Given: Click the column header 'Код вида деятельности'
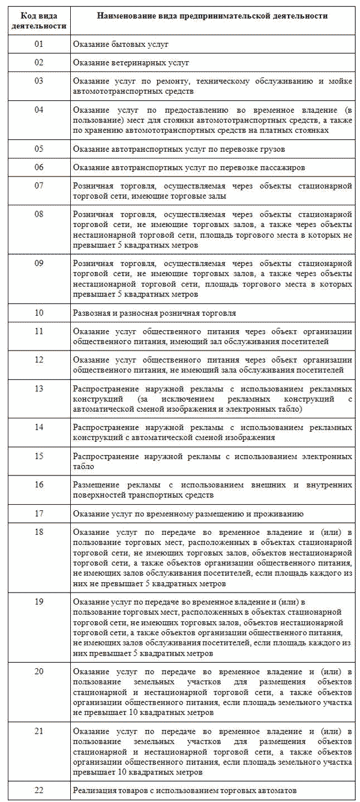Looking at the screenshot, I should point(39,20).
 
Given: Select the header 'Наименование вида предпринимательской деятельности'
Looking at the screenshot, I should point(212,16).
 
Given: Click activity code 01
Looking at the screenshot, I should point(39,44).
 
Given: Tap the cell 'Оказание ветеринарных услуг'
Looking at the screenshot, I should point(131,62).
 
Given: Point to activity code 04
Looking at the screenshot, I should point(39,110).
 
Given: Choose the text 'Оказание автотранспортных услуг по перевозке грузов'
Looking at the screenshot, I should point(179,148).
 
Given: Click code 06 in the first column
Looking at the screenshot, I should point(39,166).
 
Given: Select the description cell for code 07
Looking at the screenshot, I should point(212,191).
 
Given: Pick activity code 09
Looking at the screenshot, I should point(39,263).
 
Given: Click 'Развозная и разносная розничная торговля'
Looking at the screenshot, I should point(154,313).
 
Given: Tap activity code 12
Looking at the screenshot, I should point(39,359).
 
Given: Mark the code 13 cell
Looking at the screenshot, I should point(39,388).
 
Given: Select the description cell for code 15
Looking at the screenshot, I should point(212,462).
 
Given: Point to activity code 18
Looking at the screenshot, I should point(39,532).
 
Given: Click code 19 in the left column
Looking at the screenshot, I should point(39,601).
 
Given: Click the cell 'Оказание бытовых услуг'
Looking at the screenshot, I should point(121,44).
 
